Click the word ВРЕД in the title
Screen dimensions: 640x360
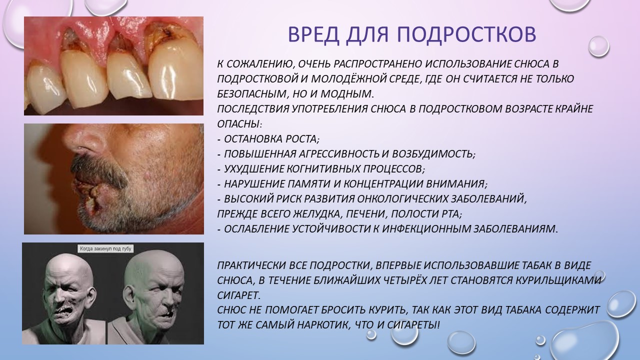(313, 34)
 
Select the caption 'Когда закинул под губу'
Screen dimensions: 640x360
(105, 249)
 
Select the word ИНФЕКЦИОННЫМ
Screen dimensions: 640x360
(426, 229)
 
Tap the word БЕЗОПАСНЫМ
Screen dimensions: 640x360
(251, 93)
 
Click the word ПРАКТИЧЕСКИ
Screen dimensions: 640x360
(251, 265)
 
